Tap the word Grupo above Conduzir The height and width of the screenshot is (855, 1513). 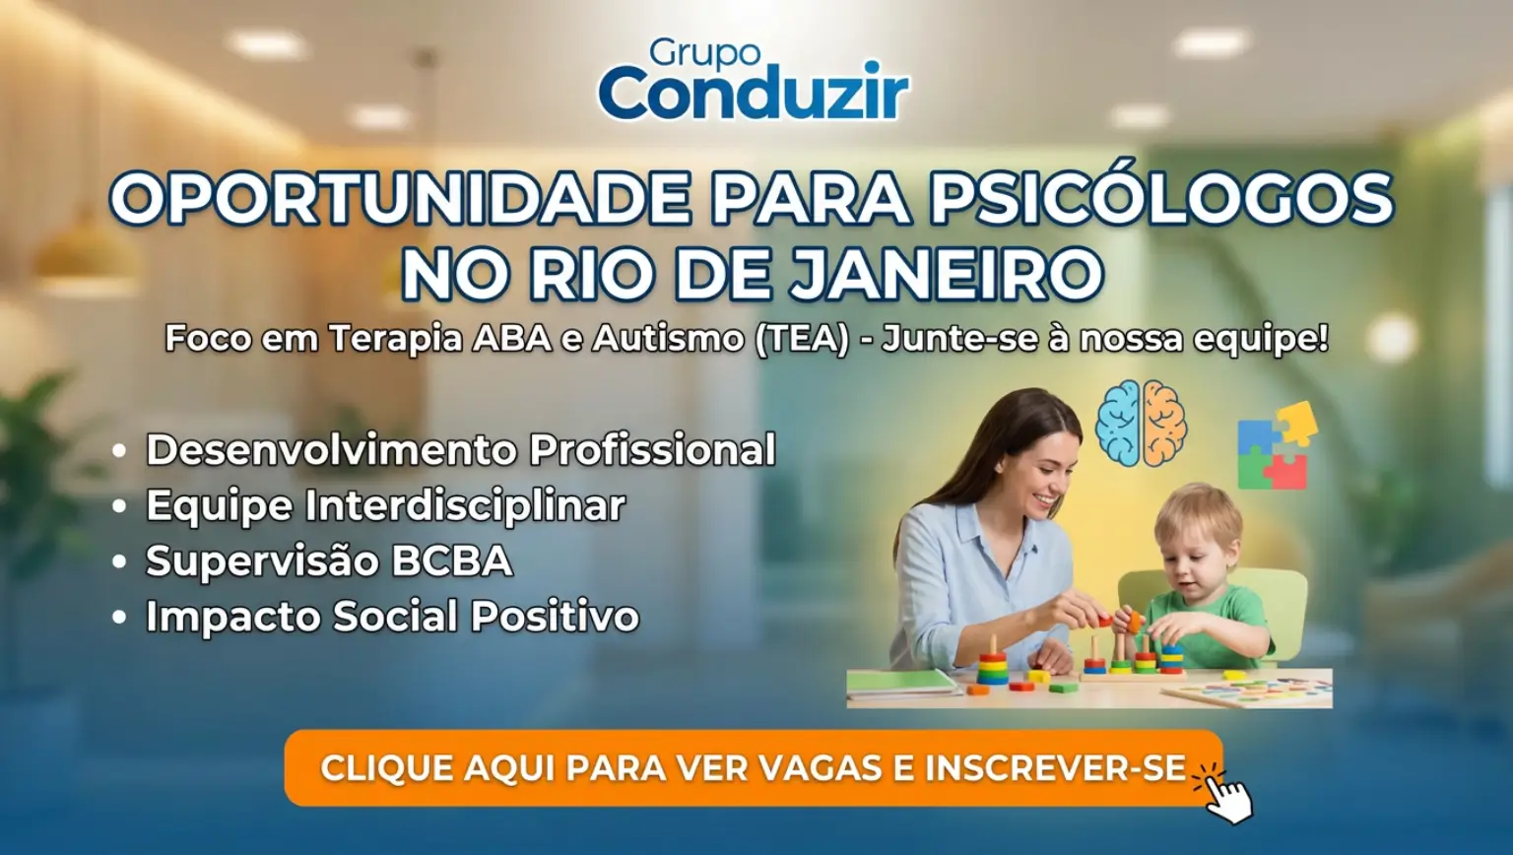(x=705, y=52)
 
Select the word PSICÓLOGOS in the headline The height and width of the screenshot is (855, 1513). (x=1162, y=199)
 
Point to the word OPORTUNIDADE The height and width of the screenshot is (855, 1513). (x=402, y=199)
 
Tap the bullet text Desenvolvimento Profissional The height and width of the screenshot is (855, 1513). (x=461, y=450)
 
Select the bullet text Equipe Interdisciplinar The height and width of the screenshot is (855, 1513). (x=386, y=506)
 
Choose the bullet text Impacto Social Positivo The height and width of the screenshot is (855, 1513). (x=392, y=616)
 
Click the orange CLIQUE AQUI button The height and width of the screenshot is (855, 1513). (x=754, y=768)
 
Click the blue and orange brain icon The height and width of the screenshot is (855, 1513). (x=1140, y=423)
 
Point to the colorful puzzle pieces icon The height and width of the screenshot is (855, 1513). (x=1277, y=446)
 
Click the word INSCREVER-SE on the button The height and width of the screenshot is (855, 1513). (x=1055, y=768)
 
